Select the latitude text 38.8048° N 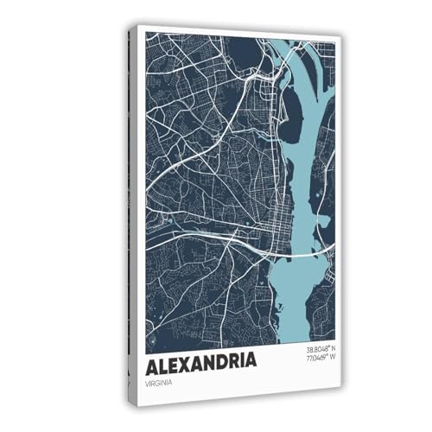(x=321, y=349)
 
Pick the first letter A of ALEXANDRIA (x=152, y=359)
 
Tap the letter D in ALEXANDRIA (x=219, y=359)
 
